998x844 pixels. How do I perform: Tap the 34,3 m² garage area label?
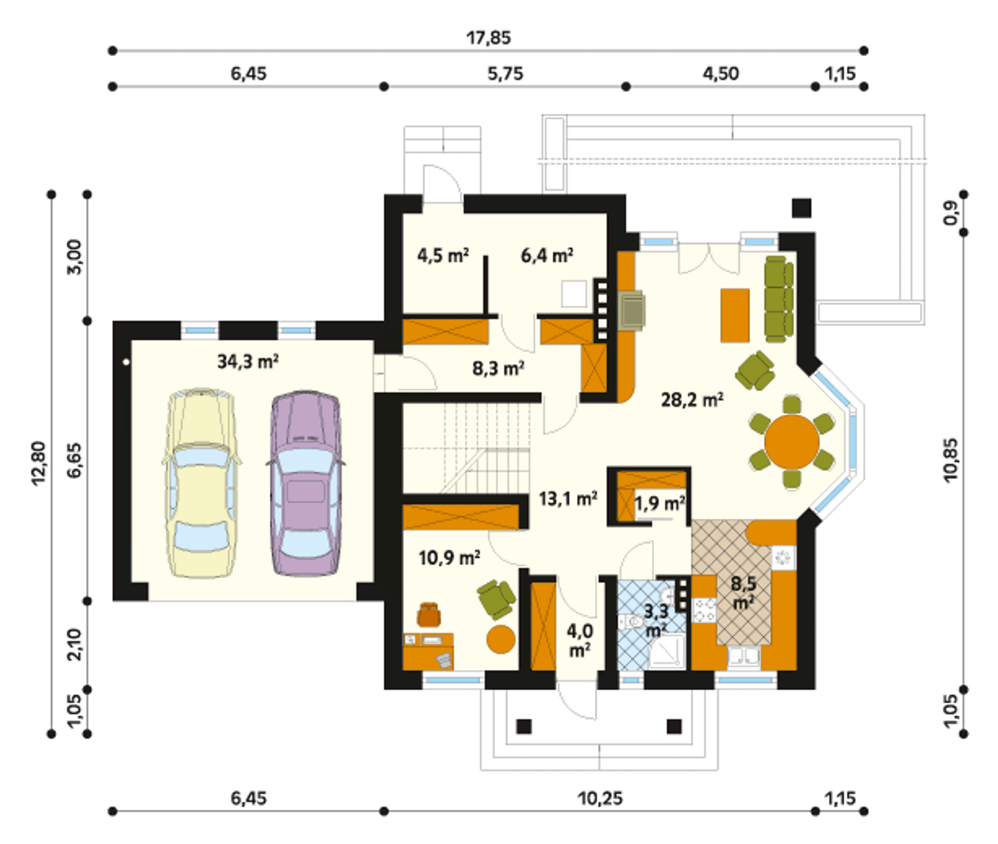[248, 361]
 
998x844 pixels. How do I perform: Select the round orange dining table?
[792, 442]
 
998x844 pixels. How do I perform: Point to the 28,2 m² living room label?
[692, 400]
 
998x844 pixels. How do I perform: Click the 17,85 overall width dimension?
[489, 37]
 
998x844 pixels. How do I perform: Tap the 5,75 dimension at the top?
[505, 74]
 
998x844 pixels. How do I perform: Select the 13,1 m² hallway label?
[568, 498]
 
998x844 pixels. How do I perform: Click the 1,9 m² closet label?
[660, 504]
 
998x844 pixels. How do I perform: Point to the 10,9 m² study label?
[449, 558]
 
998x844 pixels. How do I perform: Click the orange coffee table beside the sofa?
[735, 315]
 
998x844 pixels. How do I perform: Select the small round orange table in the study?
[501, 639]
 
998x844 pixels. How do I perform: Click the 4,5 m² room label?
[443, 255]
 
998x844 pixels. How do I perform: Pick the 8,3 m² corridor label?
[498, 369]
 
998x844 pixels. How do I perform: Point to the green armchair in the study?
[497, 600]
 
